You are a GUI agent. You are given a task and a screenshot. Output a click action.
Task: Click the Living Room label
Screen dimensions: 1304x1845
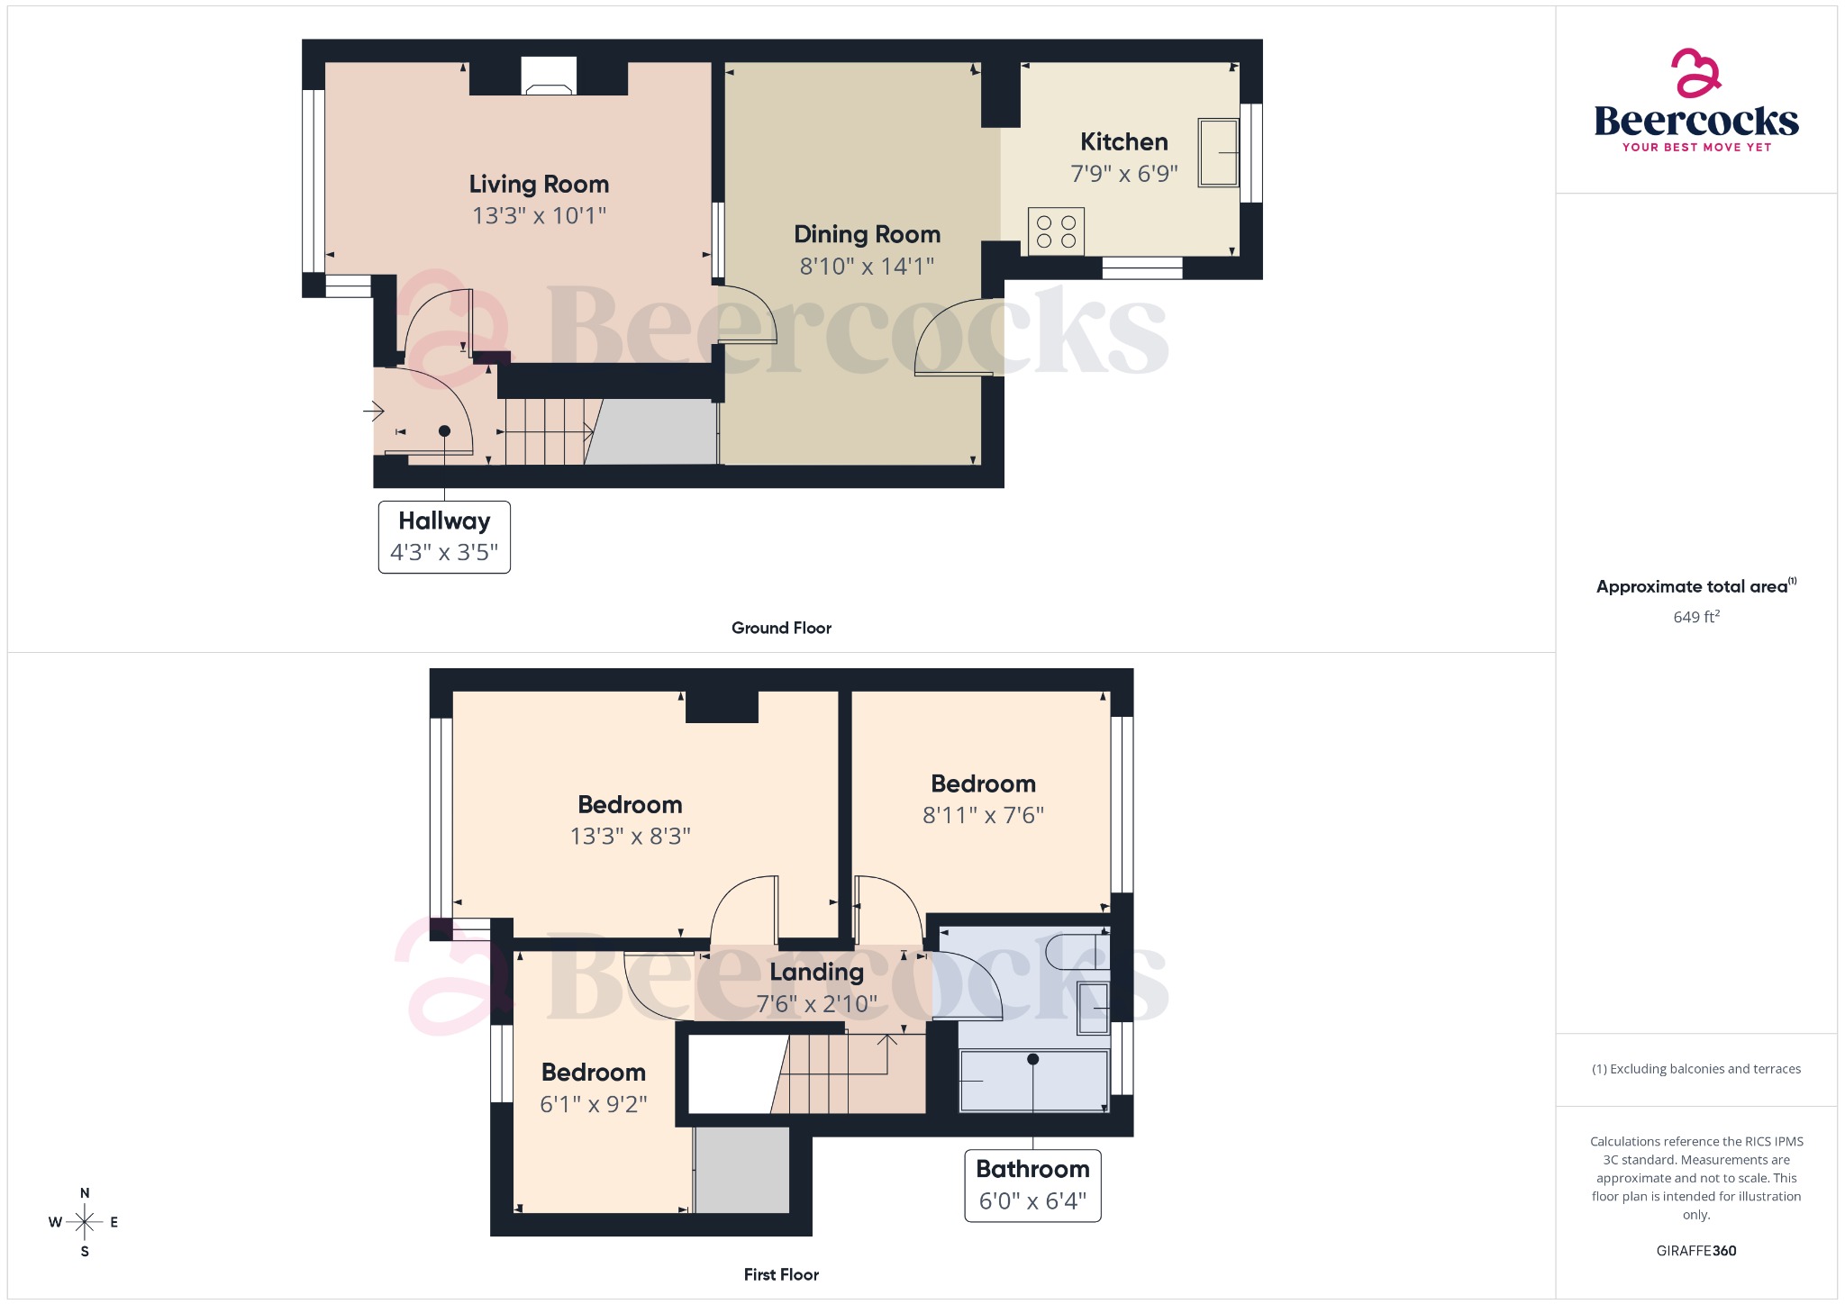[x=539, y=185]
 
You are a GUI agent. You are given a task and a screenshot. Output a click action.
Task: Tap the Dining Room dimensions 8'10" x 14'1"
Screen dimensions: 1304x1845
[x=867, y=267]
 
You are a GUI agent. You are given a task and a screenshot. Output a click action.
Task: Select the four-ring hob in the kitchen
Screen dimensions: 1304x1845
[x=1056, y=231]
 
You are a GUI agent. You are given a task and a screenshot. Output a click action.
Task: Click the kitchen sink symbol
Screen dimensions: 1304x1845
[x=1218, y=153]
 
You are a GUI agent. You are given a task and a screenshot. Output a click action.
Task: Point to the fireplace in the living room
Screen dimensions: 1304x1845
[x=549, y=77]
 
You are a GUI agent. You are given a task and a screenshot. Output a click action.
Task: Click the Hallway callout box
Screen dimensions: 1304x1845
[x=444, y=537]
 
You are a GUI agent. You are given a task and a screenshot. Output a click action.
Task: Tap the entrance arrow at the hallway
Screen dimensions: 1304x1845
[x=374, y=412]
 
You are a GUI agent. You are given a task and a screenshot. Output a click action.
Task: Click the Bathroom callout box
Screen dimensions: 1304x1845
[x=1032, y=1185]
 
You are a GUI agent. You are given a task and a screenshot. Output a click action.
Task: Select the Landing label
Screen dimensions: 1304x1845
[x=816, y=973]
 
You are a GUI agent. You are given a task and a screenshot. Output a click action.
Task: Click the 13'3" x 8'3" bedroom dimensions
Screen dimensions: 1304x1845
[x=630, y=837]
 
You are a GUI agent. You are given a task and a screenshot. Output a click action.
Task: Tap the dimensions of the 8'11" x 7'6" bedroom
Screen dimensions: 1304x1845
[x=983, y=816]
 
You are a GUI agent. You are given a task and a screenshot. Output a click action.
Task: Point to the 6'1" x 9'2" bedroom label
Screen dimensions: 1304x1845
[x=593, y=1073]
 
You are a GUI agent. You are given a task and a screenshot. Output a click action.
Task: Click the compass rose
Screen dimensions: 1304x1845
[x=85, y=1222]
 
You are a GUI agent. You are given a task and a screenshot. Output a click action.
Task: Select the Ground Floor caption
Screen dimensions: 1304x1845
[x=781, y=629]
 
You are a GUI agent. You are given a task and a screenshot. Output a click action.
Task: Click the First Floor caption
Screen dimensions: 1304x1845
[x=781, y=1275]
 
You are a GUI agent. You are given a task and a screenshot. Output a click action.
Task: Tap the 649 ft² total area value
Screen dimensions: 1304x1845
[x=1696, y=617]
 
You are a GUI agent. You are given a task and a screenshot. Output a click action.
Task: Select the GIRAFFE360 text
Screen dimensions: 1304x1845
[x=1695, y=1251]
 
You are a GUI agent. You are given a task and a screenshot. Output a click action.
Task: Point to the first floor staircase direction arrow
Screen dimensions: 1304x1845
[x=887, y=1041]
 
